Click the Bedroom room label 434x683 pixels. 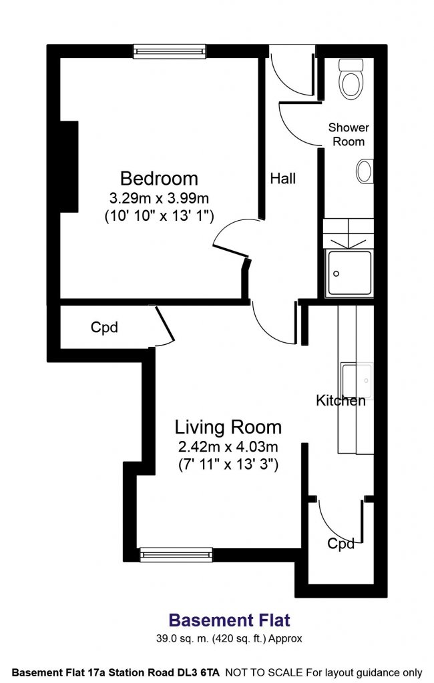coord(159,179)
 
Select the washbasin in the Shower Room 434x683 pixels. coord(365,171)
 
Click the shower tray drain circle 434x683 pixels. coord(337,273)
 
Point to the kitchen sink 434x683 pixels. coord(357,380)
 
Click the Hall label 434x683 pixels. coord(282,179)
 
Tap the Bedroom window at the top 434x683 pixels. coord(169,51)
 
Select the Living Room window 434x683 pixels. coord(176,554)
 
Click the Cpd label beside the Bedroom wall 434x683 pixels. coord(104,327)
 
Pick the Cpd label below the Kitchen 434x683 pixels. coord(341,544)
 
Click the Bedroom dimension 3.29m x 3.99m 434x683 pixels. coord(159,199)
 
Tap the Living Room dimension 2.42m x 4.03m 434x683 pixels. coord(228,447)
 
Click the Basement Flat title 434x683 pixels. coord(230,620)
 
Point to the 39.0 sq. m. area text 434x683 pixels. coord(183,639)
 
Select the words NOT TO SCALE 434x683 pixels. coord(264,672)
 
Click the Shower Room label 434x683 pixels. coord(349,135)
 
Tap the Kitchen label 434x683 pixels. coord(341,401)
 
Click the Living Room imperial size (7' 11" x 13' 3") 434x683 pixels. coord(228,464)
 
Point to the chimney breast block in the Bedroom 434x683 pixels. coord(69,167)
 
